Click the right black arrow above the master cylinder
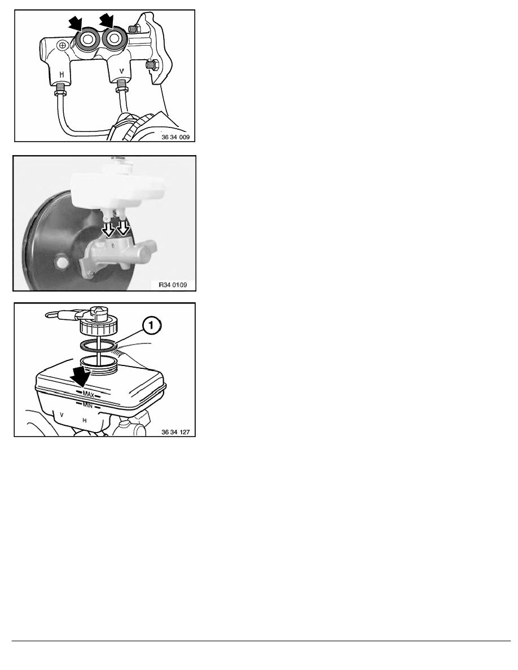tap(106, 21)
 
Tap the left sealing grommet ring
tap(87, 39)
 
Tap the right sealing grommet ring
tap(114, 38)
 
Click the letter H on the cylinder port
tap(62, 74)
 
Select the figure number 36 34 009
tap(175, 137)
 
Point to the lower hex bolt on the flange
tap(152, 66)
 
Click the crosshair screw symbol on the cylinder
tap(63, 45)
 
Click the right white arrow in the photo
tap(124, 228)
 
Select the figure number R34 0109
tap(173, 285)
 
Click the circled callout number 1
tap(151, 326)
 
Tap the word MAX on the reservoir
tap(89, 394)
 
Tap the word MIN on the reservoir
tap(87, 404)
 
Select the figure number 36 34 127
tap(175, 432)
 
